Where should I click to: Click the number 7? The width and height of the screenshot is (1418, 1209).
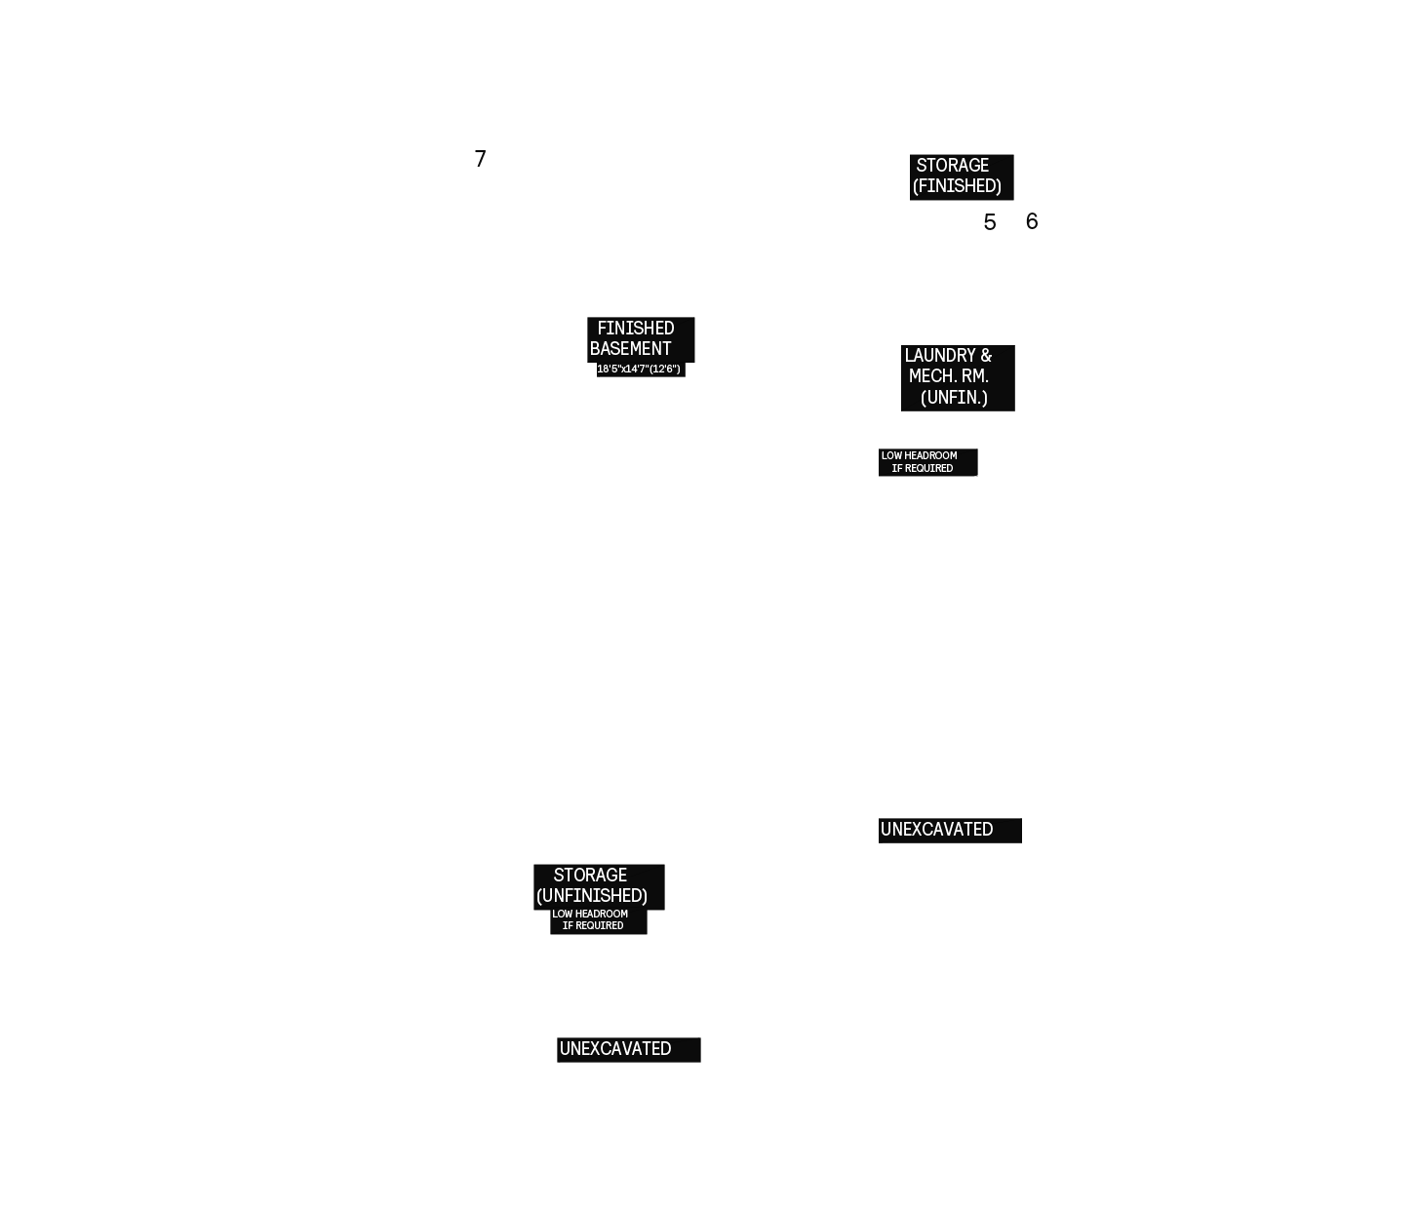click(x=480, y=158)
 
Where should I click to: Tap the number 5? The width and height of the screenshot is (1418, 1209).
click(x=989, y=222)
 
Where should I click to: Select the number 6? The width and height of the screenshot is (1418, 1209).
click(x=1032, y=220)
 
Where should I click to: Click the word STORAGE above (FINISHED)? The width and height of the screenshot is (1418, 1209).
click(x=952, y=166)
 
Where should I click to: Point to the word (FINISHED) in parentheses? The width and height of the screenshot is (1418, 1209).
click(x=957, y=186)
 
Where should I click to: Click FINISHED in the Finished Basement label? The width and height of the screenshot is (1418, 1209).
click(x=636, y=328)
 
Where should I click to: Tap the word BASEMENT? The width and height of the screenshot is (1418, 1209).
click(x=630, y=348)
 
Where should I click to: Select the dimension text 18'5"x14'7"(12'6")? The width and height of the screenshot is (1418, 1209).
click(x=639, y=369)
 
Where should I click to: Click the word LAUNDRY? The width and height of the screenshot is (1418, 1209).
click(x=938, y=355)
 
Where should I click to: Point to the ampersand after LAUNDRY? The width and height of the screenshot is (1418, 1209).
click(x=986, y=355)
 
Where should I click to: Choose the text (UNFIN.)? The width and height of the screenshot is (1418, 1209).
click(x=954, y=398)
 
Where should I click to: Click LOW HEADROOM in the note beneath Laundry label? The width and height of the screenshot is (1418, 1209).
click(x=920, y=455)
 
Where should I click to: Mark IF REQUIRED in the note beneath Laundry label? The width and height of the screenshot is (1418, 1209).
click(x=923, y=468)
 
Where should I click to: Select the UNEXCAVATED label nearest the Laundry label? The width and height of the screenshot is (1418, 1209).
click(x=936, y=830)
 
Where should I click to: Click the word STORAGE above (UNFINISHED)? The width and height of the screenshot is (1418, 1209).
click(x=590, y=875)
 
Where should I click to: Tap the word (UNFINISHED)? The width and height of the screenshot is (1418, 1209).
click(x=592, y=896)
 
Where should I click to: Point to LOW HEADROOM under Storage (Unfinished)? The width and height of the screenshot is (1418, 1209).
click(x=590, y=915)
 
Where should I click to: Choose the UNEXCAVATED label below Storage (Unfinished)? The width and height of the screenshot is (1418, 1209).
click(x=615, y=1049)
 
